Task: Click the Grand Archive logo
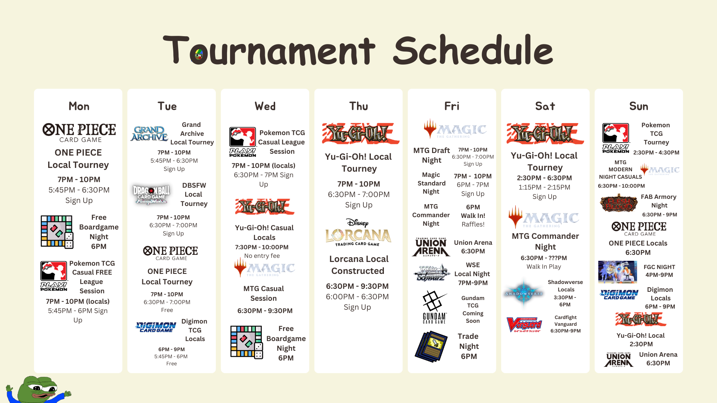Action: click(x=149, y=134)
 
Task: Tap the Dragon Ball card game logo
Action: click(x=151, y=194)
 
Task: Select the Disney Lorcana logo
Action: click(x=358, y=232)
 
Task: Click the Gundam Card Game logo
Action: click(x=434, y=307)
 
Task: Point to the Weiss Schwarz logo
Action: click(x=432, y=273)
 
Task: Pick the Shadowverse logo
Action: click(x=524, y=294)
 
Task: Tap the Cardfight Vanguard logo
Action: click(x=524, y=325)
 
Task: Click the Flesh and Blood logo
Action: click(x=618, y=203)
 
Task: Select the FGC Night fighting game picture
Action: click(x=618, y=272)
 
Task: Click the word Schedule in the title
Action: click(x=473, y=50)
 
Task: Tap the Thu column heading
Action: click(x=358, y=106)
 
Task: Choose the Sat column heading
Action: click(x=545, y=106)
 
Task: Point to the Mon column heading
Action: click(x=79, y=106)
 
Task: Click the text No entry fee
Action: click(x=262, y=256)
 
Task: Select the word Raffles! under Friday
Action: click(x=473, y=224)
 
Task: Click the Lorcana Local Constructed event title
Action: click(x=358, y=265)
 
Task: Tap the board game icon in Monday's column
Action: click(x=57, y=232)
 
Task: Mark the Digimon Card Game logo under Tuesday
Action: click(x=156, y=327)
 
